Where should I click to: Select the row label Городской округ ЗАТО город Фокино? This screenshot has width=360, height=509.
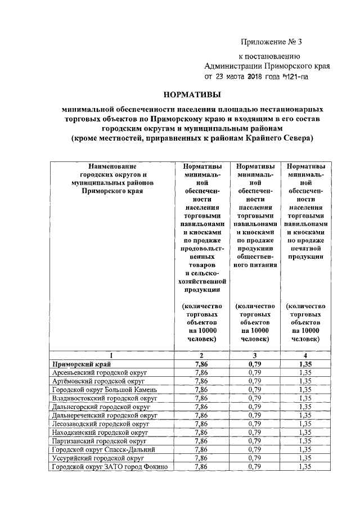(x=110, y=466)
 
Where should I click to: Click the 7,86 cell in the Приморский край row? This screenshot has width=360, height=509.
(x=201, y=364)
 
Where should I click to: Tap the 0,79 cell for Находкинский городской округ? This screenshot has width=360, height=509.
(x=255, y=433)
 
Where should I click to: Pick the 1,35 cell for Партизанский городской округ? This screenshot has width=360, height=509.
(x=305, y=441)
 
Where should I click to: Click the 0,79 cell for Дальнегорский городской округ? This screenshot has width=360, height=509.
(x=255, y=406)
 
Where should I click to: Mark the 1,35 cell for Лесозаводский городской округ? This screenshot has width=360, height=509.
(x=305, y=424)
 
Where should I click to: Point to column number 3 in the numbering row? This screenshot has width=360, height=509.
(x=255, y=355)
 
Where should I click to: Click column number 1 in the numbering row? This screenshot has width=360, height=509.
(x=112, y=355)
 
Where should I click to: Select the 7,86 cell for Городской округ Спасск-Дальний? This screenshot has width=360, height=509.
(x=201, y=449)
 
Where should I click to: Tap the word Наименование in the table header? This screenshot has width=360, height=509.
(x=112, y=166)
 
